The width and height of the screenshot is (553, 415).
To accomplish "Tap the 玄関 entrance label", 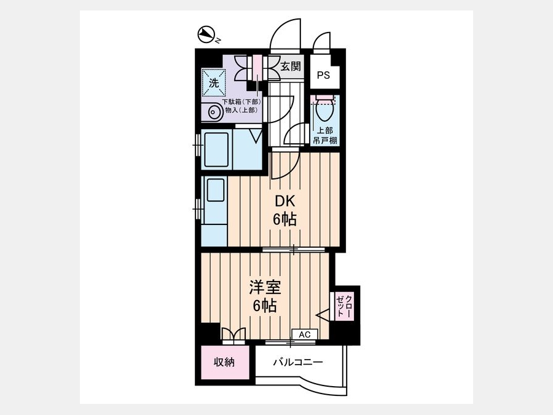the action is click(290, 66).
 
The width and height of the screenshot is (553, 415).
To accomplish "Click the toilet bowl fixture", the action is click(324, 109).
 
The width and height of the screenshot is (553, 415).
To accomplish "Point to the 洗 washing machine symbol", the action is click(213, 83).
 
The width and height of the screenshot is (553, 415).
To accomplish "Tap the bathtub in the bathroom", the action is click(216, 149).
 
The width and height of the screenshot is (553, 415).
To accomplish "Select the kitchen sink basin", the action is click(216, 190).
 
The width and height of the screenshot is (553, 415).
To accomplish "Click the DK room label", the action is click(285, 201).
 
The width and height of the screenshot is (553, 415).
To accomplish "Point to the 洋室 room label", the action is click(265, 287).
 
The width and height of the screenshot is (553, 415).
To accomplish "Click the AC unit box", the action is click(305, 334).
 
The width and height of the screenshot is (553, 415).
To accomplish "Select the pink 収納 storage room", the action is click(225, 362).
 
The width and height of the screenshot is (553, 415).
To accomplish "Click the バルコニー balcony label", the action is click(298, 362).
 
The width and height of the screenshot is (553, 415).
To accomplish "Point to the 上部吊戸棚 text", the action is click(324, 135).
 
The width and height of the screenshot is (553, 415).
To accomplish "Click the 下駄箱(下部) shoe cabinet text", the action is click(241, 101).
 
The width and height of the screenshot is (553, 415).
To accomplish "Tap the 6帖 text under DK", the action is click(284, 219).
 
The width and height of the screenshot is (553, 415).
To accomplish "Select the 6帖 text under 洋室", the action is click(264, 306).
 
